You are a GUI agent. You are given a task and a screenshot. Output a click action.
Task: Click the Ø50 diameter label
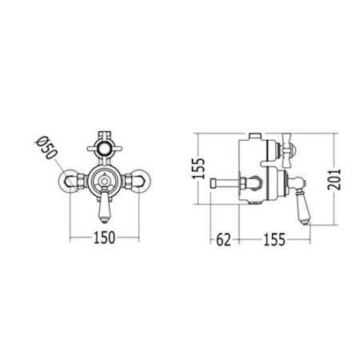46,148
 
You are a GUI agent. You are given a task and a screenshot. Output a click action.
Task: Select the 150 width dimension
104,238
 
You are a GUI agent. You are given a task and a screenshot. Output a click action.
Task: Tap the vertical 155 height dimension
198,168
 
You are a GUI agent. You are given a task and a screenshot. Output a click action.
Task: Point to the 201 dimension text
334,179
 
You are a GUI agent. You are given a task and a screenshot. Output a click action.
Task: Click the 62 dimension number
223,240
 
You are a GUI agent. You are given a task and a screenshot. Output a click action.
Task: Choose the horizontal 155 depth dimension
274,239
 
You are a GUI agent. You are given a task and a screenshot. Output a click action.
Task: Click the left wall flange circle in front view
67,180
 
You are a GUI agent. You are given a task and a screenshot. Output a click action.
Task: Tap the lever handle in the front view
105,206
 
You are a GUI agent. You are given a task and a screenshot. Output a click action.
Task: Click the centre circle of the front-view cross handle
105,148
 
